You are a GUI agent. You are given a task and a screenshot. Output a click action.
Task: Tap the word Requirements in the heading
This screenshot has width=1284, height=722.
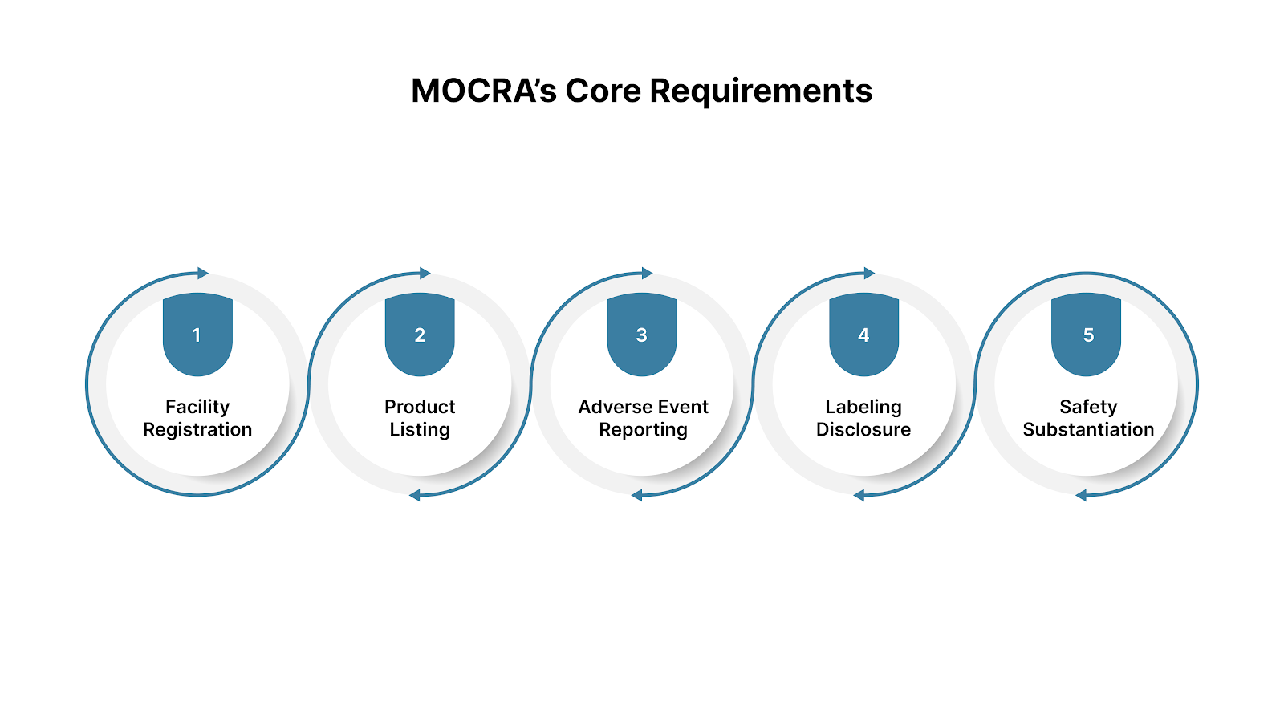pos(761,91)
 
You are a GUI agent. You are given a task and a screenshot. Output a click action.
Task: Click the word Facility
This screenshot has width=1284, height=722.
pos(197,407)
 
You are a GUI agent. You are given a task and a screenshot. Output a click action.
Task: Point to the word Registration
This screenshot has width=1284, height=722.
pos(197,430)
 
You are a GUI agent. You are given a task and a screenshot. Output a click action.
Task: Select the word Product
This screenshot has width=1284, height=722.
pos(420,407)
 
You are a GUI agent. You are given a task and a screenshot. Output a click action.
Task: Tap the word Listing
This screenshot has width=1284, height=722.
pos(420,430)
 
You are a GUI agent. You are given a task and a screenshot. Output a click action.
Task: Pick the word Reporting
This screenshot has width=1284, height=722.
pos(643,430)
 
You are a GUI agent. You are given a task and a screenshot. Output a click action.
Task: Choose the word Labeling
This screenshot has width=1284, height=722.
pos(863,407)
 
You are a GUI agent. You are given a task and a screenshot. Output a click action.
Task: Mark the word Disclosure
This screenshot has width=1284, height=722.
pos(863,430)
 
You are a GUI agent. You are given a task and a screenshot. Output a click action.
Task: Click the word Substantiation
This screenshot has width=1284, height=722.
pos(1088,430)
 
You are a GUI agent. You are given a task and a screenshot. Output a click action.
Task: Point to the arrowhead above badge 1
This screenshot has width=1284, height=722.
pos(203,274)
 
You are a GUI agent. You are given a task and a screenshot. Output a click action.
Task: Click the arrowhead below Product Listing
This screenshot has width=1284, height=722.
pos(415,496)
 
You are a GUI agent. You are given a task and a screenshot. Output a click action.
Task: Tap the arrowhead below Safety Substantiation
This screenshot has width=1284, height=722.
pos(1081,496)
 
